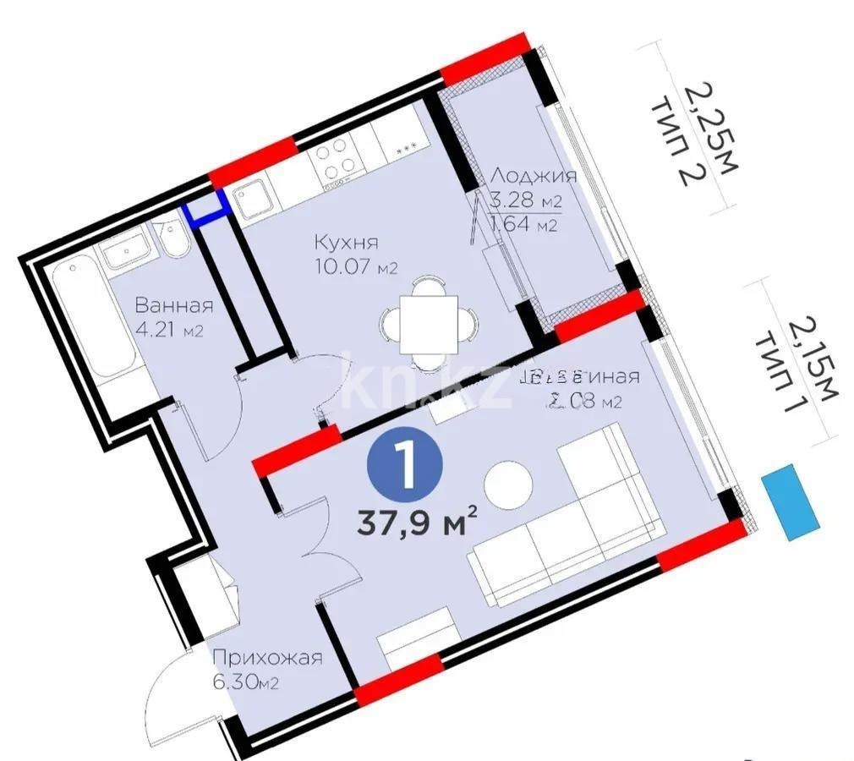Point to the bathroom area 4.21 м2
tap(169, 330)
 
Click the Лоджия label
tap(534, 176)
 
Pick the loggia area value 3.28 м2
tap(525, 200)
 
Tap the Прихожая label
tap(267, 658)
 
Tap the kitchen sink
tap(254, 200)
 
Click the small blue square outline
tap(207, 208)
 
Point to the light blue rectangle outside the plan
tap(790, 501)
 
